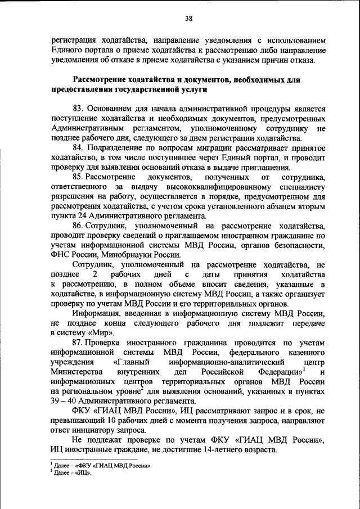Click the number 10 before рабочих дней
98,421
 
